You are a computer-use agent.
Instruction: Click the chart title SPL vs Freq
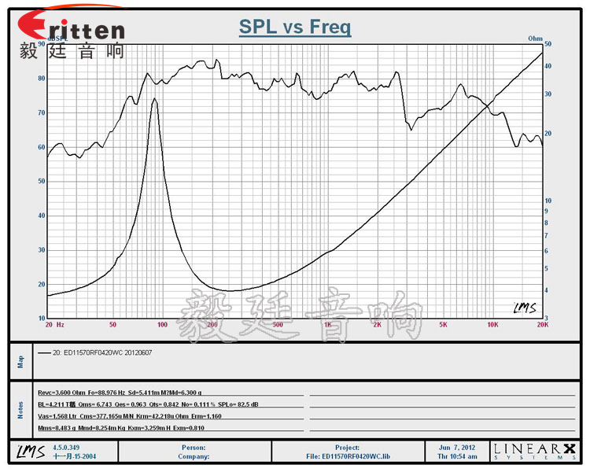pos(295,28)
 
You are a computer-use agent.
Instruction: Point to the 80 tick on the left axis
pos(40,79)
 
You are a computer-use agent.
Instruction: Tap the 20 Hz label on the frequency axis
pos(54,324)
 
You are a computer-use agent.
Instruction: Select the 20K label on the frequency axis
pos(542,324)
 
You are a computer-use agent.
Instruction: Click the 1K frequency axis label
pos(327,324)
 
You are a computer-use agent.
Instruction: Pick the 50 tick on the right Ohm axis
pos(548,45)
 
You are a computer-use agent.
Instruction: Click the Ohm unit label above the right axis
pos(535,37)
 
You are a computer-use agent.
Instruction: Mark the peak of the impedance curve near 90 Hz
pos(154,99)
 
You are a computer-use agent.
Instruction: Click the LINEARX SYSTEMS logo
pos(534,451)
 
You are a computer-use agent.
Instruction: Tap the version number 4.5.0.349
pos(66,446)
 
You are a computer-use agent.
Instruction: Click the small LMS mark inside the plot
pos(524,308)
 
